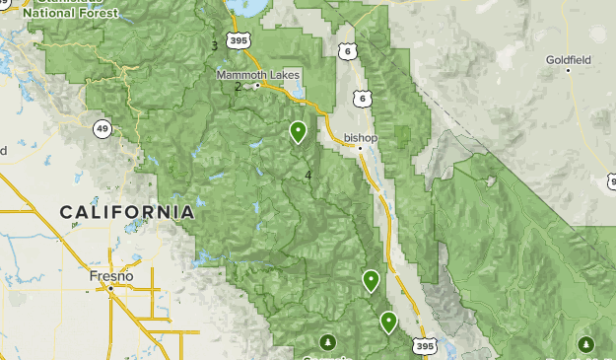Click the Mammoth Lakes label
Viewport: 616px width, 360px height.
259,74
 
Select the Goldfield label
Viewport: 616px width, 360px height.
569,59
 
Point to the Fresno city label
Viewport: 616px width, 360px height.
110,275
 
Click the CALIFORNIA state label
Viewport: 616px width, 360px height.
126,212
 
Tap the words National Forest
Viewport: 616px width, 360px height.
70,14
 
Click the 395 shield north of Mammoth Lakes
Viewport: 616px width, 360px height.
237,40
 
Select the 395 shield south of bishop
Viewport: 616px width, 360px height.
424,346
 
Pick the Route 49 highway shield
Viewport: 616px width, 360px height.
103,128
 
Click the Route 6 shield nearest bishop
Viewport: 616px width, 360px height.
363,100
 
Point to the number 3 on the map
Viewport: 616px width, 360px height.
214,45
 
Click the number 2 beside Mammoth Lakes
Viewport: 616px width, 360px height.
238,86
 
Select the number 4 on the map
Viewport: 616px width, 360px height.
308,176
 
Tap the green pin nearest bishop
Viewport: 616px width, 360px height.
298,131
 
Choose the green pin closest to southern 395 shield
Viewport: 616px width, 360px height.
388,321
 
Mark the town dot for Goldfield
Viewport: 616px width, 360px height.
569,70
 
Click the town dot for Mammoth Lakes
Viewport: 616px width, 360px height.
257,86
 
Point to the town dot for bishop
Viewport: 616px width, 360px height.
361,149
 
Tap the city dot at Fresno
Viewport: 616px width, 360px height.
110,286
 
